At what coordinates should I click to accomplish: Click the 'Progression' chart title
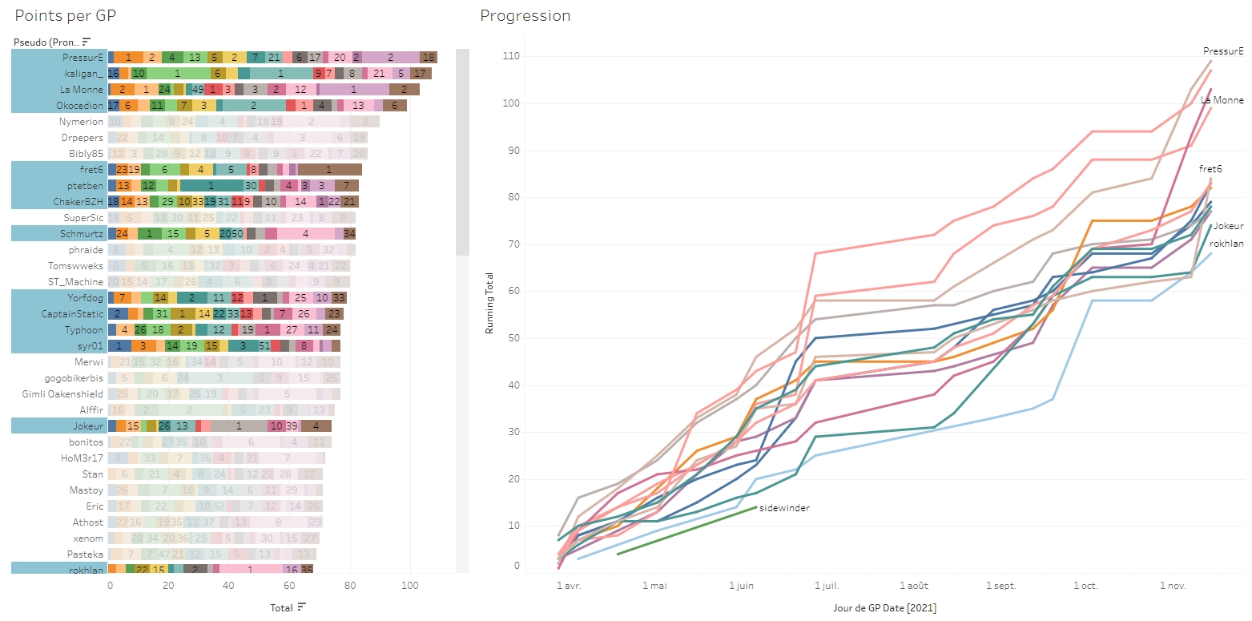tap(525, 16)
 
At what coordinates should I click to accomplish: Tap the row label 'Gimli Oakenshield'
tap(62, 394)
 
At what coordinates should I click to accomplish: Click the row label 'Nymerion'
tap(81, 122)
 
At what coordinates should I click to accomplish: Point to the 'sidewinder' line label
tap(784, 508)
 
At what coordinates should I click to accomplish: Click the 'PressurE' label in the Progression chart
tap(1223, 51)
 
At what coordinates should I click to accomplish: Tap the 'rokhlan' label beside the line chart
tap(1226, 244)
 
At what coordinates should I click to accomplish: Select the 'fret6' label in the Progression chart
tap(1210, 169)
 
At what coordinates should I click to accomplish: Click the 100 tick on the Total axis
tap(410, 586)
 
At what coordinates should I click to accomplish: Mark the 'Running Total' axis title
tap(489, 303)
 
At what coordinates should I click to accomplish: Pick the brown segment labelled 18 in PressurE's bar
tap(429, 58)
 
